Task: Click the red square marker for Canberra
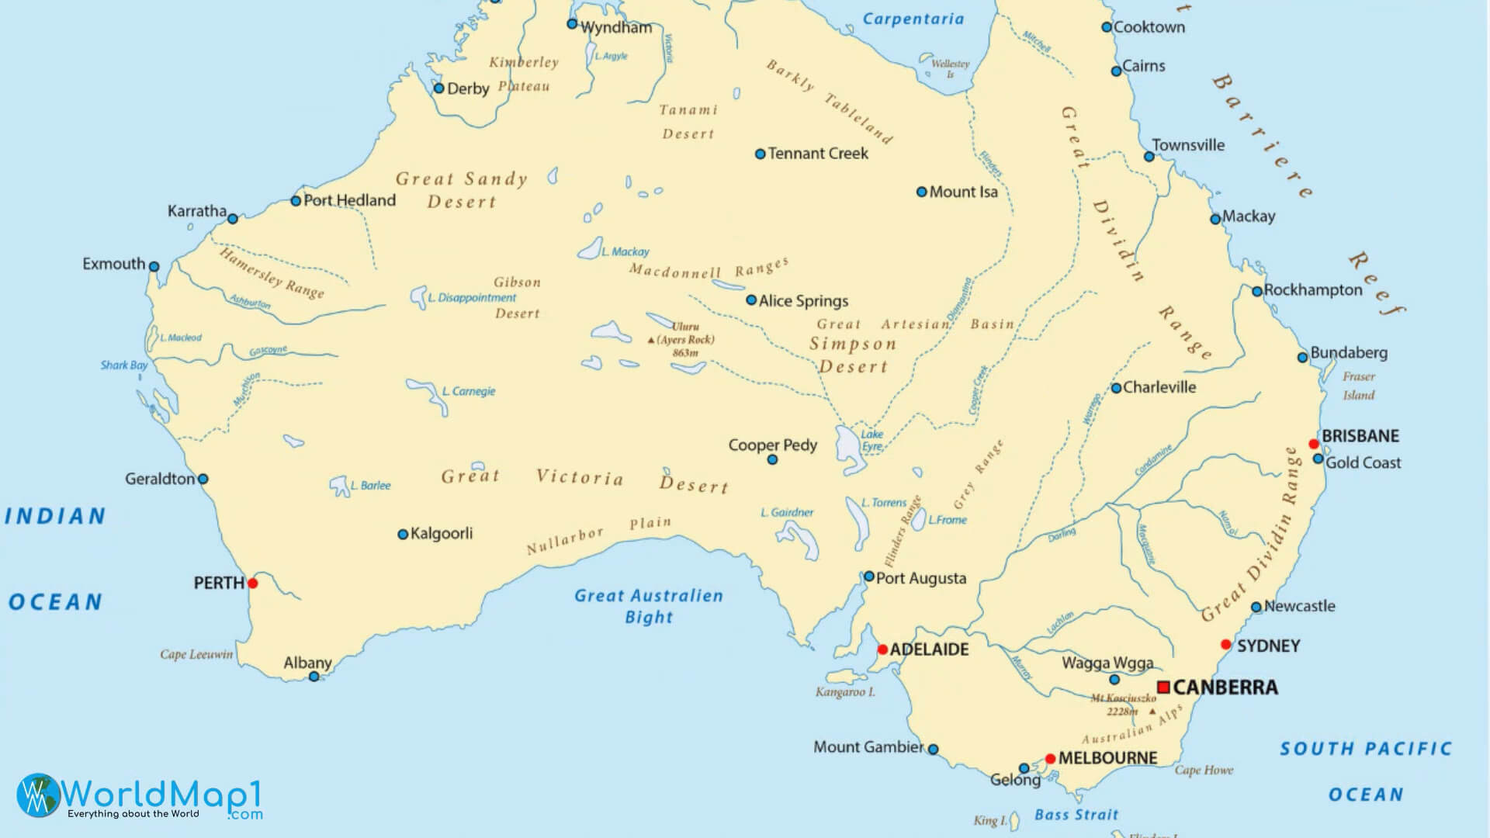click(1163, 687)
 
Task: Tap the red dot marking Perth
click(252, 583)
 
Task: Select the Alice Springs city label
click(803, 301)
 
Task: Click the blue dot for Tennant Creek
click(761, 154)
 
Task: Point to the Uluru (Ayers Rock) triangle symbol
click(651, 340)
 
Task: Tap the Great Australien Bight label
click(649, 607)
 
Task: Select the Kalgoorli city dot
click(403, 535)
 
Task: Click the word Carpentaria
click(913, 19)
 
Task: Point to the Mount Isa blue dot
click(922, 192)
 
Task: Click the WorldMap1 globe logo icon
click(37, 795)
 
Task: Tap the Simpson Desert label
click(853, 355)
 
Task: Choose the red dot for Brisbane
click(1314, 445)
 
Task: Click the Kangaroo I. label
click(845, 692)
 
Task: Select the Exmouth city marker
click(154, 267)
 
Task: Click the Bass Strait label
click(1076, 815)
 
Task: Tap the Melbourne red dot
click(1050, 759)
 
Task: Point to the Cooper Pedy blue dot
click(772, 460)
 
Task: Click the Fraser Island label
click(1359, 386)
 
